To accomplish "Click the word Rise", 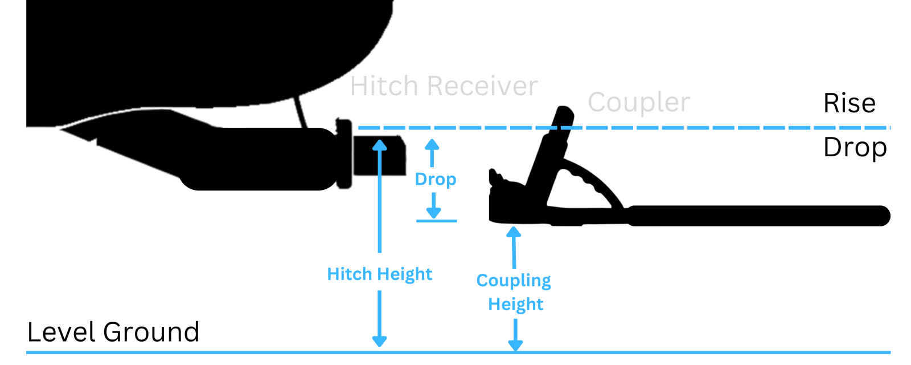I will coord(849,103).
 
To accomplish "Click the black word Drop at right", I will coord(855,148).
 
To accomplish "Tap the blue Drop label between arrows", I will coord(436,179).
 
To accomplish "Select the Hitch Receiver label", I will coord(444,86).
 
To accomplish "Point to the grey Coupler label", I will coord(638,103).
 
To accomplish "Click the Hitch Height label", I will coord(379,274).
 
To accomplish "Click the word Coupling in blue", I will coord(514,281).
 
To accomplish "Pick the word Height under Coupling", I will coord(515,304).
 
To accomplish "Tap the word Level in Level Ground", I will coord(62,332).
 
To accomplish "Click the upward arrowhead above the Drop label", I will coord(432,144).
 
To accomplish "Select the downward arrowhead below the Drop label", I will coord(434,213).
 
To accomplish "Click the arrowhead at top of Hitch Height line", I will coord(380,145).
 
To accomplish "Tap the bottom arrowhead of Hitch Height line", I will coord(380,341).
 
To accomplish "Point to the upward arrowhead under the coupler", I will coord(514,232).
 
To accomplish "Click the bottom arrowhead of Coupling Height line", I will coord(515,345).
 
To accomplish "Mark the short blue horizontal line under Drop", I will coord(436,221).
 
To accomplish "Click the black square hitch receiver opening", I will coord(379,155).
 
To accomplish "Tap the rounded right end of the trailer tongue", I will coord(881,216).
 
